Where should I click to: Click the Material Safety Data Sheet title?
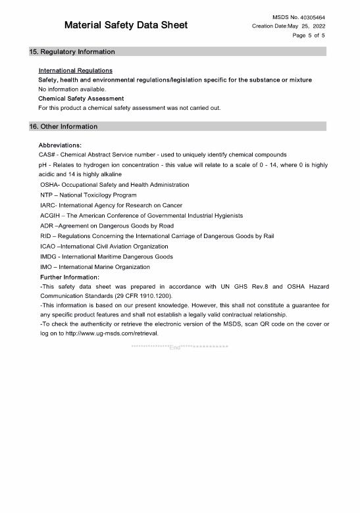coord(126,25)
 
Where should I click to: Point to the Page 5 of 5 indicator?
coord(309,36)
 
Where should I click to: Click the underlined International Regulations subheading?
coord(75,70)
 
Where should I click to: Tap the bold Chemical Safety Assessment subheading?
coord(81,98)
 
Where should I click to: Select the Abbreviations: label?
coord(60,145)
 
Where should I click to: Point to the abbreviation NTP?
coord(47,195)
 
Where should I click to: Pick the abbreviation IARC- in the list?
coord(49,205)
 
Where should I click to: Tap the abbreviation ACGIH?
coord(51,215)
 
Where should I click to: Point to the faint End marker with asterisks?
coord(179,347)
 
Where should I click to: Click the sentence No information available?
coord(72,89)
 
